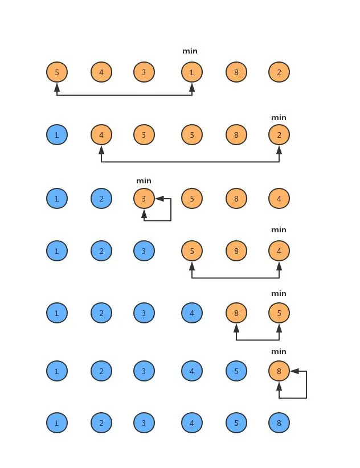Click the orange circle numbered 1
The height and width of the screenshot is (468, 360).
(x=192, y=72)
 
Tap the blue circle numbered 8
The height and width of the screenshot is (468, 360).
(x=279, y=423)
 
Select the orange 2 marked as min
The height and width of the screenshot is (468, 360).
(x=279, y=135)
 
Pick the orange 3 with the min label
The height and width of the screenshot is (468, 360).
(x=144, y=199)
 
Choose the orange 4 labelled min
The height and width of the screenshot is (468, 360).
(x=279, y=251)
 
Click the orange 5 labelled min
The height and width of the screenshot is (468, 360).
(x=279, y=313)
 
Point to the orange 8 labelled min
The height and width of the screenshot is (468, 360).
(x=279, y=371)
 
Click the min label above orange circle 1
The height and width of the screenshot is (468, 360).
(x=190, y=51)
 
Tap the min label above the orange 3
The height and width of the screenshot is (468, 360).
(x=144, y=181)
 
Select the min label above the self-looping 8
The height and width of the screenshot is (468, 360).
(x=279, y=352)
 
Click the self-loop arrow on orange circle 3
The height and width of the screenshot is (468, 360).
(x=170, y=211)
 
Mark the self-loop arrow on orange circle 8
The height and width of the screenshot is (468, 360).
(x=306, y=385)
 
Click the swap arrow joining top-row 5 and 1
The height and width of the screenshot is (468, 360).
(x=124, y=95)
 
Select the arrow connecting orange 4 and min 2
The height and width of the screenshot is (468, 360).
(x=190, y=162)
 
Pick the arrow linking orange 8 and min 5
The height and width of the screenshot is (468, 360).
(x=257, y=340)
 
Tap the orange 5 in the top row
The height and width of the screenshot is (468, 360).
(x=57, y=72)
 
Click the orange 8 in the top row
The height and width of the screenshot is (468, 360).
(x=236, y=72)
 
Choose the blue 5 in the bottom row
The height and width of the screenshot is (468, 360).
(x=236, y=423)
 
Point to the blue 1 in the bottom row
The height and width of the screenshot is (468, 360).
(x=57, y=423)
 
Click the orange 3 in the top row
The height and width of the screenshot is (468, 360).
(x=144, y=72)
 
